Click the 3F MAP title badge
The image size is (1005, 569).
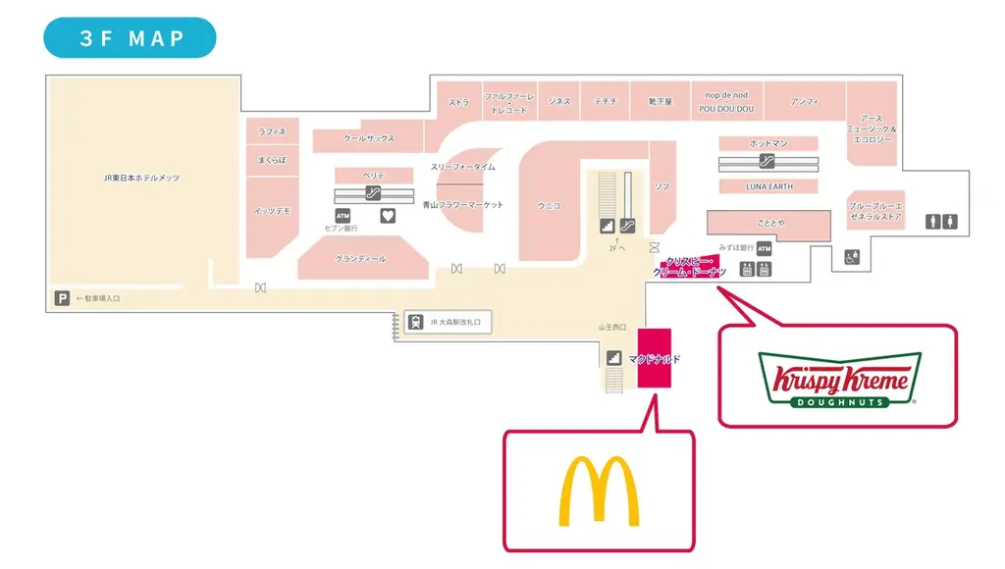(130, 38)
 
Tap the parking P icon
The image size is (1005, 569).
(62, 298)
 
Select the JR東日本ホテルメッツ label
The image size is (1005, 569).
(142, 178)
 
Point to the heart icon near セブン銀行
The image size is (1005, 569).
(388, 215)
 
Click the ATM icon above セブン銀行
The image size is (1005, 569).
(343, 215)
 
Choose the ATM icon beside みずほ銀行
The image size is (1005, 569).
(765, 249)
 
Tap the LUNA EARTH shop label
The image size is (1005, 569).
(769, 186)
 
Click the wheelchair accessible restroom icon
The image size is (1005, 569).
(852, 257)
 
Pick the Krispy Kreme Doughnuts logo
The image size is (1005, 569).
(839, 379)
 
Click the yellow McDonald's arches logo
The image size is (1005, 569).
(599, 491)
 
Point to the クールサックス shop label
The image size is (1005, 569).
(369, 139)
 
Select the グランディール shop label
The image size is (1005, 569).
(360, 259)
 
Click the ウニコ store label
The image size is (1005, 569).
(550, 205)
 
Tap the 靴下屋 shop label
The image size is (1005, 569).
(660, 101)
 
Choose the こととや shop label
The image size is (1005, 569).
(769, 223)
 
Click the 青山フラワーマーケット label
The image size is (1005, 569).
(463, 205)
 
